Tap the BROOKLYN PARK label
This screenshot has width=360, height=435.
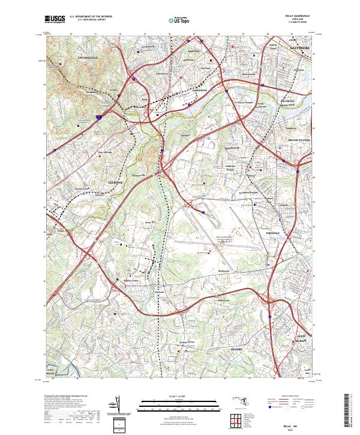[x=297, y=140]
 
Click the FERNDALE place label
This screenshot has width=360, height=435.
[x=274, y=232]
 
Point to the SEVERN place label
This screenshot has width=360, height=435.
[x=237, y=348]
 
